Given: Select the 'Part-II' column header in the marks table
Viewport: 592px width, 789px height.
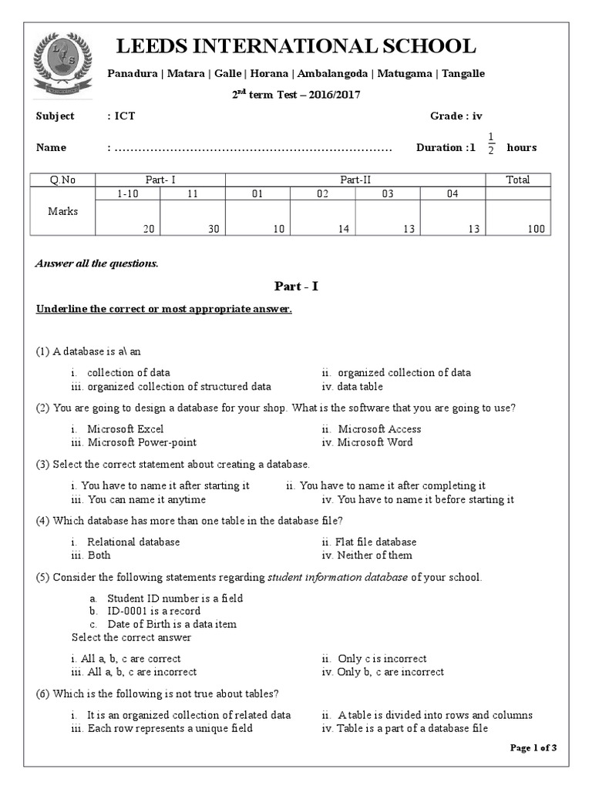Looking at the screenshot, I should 355,180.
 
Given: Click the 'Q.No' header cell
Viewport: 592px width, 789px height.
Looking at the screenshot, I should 62,180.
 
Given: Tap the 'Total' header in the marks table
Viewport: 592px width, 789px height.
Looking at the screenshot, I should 517,180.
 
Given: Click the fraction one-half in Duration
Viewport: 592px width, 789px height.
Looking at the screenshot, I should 491,143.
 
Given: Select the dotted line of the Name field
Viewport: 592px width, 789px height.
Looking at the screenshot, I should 254,148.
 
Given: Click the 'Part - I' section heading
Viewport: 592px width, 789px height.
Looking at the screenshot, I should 296,286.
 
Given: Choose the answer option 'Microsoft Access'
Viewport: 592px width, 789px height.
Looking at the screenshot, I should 379,428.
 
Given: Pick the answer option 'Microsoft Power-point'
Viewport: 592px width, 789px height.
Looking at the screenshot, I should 142,442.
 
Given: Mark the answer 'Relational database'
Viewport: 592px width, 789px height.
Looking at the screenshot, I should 133,542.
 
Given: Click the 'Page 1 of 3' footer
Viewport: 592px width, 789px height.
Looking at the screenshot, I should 533,747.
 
